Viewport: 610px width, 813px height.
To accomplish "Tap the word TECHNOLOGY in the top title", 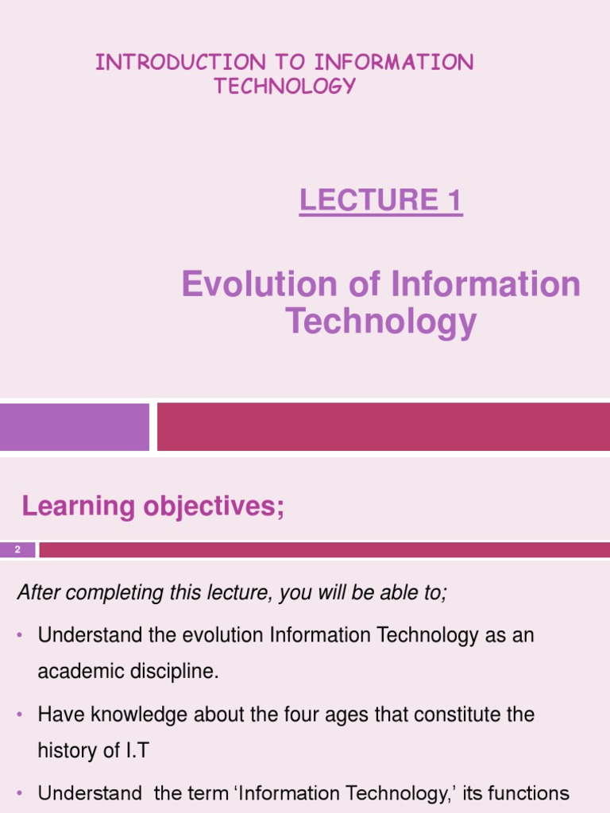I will point(284,87).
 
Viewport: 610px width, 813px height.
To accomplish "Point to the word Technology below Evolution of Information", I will point(380,322).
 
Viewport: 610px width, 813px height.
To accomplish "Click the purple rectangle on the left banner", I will point(74,427).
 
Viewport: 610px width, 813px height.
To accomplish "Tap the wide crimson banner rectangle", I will point(383,427).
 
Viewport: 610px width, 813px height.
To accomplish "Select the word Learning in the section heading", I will point(67,506).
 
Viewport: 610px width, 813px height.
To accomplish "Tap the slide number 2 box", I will point(17,549).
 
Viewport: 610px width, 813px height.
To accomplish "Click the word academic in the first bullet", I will point(75,672).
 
